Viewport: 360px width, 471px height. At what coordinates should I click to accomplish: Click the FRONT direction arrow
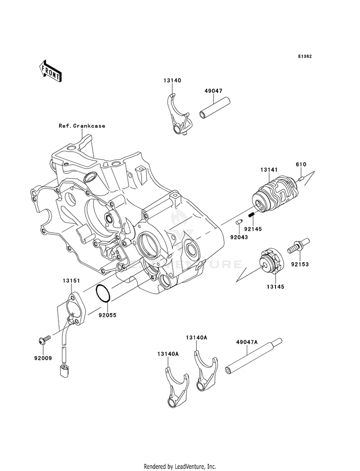(x=50, y=71)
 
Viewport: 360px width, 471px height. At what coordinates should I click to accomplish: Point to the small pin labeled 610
(x=301, y=180)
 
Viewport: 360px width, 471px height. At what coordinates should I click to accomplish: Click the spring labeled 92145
(x=252, y=215)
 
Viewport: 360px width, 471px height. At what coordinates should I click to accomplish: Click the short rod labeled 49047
(x=215, y=107)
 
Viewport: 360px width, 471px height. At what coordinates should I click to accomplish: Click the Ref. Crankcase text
(x=82, y=126)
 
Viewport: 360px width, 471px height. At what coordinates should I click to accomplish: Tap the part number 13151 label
(x=71, y=281)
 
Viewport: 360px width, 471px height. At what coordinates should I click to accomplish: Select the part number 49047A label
(x=247, y=342)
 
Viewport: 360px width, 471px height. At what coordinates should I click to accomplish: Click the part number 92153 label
(x=300, y=265)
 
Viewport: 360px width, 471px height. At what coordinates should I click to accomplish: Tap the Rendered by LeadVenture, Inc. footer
(x=180, y=467)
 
